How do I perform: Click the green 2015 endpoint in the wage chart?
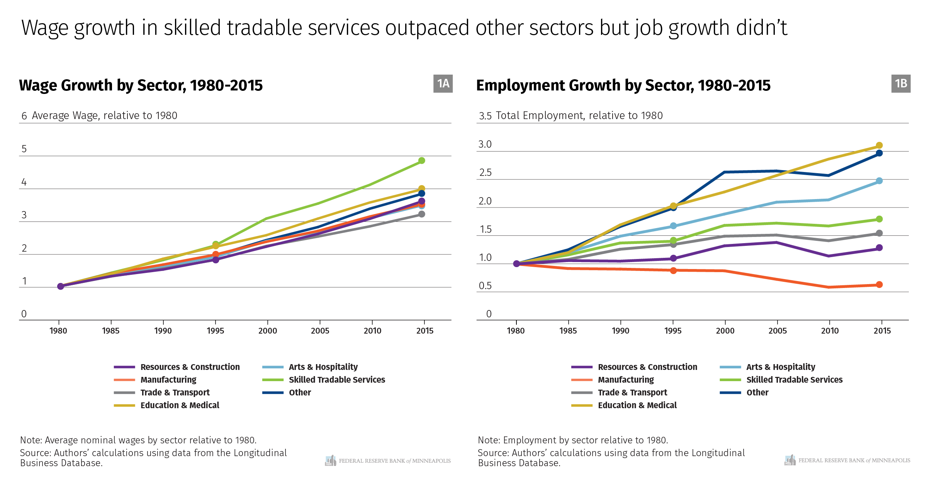(421, 160)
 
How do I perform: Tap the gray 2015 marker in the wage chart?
(421, 214)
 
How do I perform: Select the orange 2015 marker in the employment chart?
(879, 284)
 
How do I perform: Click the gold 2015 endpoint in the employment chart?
(879, 145)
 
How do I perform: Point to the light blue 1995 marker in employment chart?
(673, 226)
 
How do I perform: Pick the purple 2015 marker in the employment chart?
(879, 248)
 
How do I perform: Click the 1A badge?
(443, 83)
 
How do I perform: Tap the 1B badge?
(901, 83)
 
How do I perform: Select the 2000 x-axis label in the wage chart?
(268, 331)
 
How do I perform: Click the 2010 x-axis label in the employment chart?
(830, 331)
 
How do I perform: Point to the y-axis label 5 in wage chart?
(24, 149)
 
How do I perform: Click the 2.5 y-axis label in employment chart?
(485, 173)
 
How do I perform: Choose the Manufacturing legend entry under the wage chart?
(168, 380)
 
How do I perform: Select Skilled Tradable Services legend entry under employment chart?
(794, 380)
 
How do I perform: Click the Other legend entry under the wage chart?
(300, 392)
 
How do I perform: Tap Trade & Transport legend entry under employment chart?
(632, 392)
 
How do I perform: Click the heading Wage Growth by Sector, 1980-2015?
(141, 85)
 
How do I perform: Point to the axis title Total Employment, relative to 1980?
(579, 116)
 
